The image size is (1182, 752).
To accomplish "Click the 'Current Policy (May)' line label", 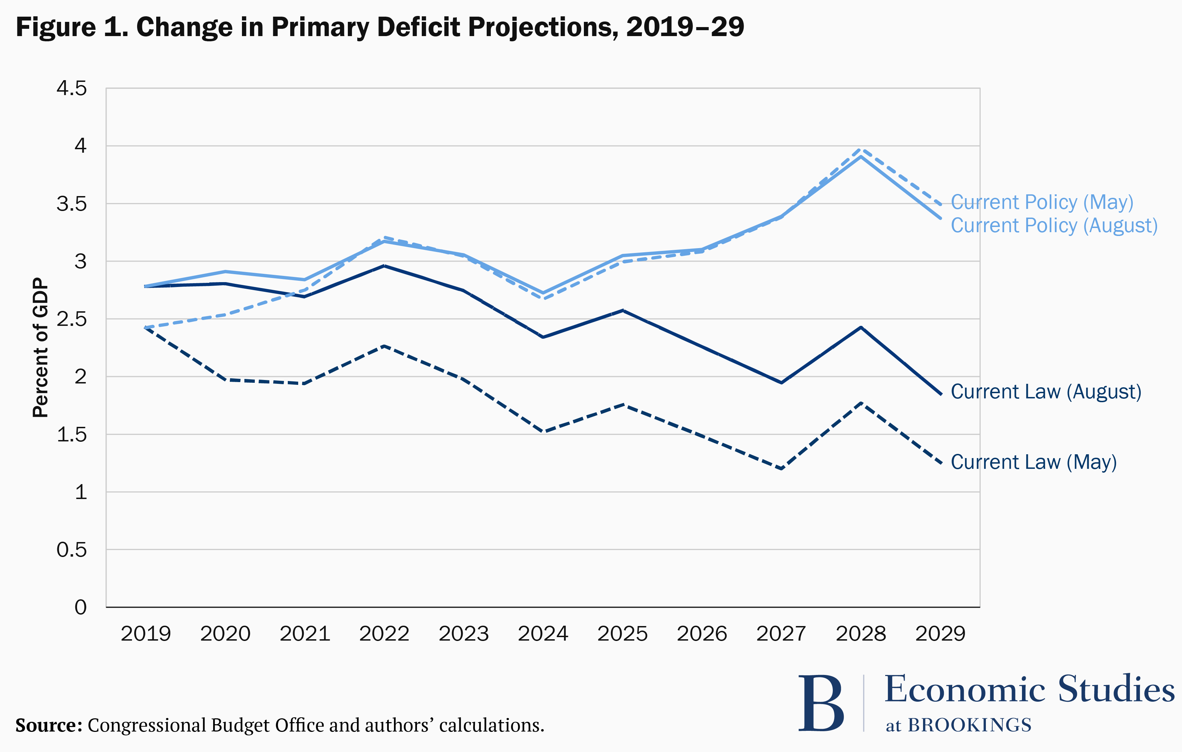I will point(1042,202).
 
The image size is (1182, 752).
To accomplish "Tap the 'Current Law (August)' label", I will point(1046,392).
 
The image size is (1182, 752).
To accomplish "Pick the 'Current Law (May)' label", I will point(1033,462).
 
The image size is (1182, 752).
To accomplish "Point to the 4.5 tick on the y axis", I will point(72,89).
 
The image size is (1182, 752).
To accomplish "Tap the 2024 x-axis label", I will point(543,634).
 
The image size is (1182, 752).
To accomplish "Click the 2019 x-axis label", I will point(146,634).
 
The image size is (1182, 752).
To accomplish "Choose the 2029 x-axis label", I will point(940,634).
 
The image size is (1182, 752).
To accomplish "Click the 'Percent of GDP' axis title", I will point(40,347).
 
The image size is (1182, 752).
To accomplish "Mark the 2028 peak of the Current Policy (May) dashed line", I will point(861,150).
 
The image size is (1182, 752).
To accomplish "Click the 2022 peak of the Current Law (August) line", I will point(384,265).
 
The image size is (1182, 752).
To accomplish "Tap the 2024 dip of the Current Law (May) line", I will point(543,431).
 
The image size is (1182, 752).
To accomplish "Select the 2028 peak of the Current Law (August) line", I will point(861,327).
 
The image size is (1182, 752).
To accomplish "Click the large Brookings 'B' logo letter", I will point(821,703).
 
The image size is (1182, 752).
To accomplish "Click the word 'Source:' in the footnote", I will point(49,725).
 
